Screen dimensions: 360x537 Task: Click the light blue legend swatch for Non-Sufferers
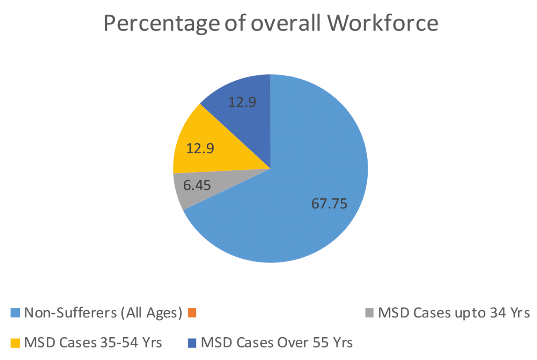pos(15,313)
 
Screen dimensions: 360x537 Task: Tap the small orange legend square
pos(191,313)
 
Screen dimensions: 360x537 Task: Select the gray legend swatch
pos(371,313)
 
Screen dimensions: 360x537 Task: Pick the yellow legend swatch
pos(15,343)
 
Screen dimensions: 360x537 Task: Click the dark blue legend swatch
pos(192,343)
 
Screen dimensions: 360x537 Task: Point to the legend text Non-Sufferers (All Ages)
pos(103,313)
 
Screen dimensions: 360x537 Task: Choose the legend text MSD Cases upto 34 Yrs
pos(454,313)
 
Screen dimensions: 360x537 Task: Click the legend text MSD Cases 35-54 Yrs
pos(93,343)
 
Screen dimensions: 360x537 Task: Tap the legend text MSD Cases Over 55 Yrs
pos(277,343)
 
